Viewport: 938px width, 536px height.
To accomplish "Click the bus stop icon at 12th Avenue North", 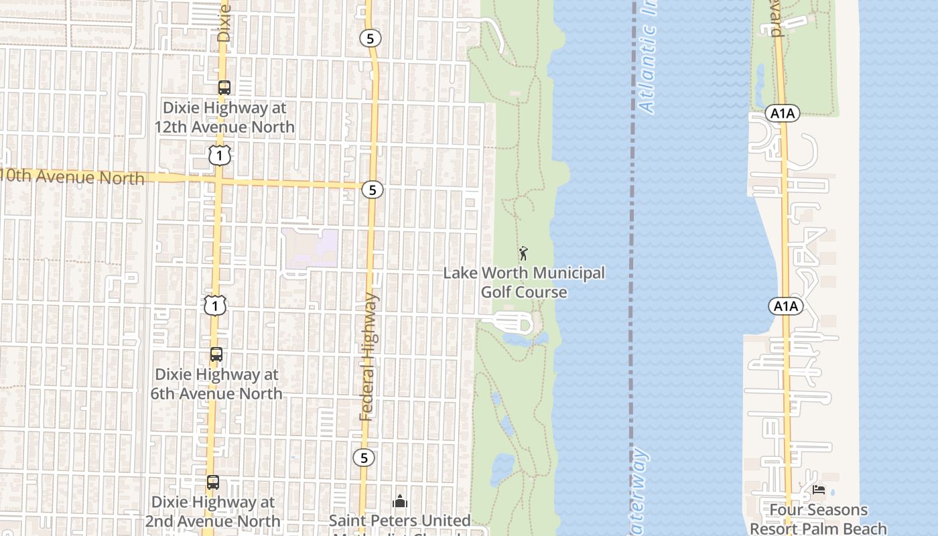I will point(224,88).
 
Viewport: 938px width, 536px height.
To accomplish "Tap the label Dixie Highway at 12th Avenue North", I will point(224,117).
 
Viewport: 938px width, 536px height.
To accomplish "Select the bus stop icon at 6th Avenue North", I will point(216,354).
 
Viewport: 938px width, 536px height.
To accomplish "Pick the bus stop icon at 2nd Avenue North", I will point(212,482).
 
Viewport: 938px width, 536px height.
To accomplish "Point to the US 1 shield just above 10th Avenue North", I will point(219,155).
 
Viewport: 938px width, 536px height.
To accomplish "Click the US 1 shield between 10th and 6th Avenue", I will point(215,306).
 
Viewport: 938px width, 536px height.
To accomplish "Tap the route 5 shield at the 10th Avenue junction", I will point(373,190).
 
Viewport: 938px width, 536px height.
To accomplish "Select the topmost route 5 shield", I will point(370,38).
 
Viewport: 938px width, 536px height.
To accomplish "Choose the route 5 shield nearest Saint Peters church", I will point(364,458).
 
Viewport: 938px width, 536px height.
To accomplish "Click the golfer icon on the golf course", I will point(523,253).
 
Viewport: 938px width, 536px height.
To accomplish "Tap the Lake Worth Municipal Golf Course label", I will point(524,282).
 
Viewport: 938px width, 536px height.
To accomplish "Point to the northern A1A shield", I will point(782,114).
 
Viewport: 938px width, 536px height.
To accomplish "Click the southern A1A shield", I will point(785,307).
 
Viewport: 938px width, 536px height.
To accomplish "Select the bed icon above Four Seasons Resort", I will point(819,490).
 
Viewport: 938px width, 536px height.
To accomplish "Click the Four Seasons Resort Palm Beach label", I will point(818,519).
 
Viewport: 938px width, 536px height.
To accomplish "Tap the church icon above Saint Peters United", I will point(400,501).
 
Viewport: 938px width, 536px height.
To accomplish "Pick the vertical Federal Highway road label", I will point(368,357).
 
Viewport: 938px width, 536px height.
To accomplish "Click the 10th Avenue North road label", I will point(72,178).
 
